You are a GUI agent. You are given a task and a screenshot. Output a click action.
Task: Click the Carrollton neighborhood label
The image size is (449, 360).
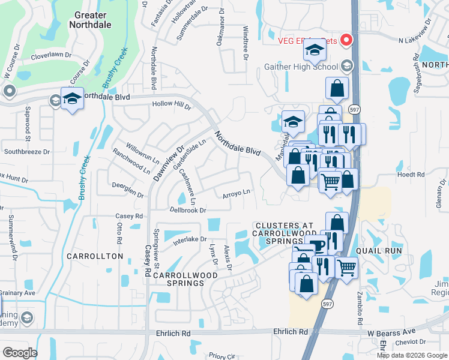(x=95, y=256)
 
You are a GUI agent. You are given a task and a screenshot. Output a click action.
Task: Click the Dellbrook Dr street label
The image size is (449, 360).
(x=188, y=211)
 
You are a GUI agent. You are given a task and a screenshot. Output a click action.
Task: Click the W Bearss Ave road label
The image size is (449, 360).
(x=391, y=332)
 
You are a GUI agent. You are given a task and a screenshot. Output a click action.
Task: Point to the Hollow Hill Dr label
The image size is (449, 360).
(x=171, y=106)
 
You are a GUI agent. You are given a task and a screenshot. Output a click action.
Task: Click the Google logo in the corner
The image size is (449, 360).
(x=20, y=353)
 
